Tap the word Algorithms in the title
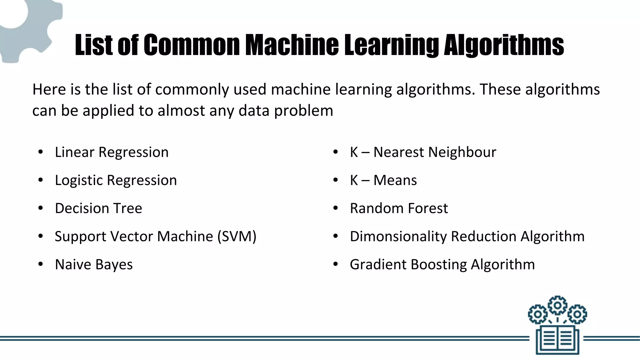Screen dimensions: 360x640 coord(504,46)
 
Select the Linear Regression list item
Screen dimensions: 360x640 coord(112,152)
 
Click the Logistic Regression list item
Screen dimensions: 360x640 coord(116,180)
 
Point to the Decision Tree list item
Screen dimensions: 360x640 coord(98,208)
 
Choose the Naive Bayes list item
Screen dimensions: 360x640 coord(94,265)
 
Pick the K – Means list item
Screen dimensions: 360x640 coord(383,180)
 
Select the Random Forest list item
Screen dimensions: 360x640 coord(399,208)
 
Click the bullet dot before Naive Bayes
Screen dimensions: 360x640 coord(40,265)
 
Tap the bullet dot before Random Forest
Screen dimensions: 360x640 coord(336,208)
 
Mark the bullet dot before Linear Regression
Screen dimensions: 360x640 coord(40,152)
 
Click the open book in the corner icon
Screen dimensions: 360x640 coord(557,339)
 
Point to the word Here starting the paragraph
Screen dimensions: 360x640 coord(49,90)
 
